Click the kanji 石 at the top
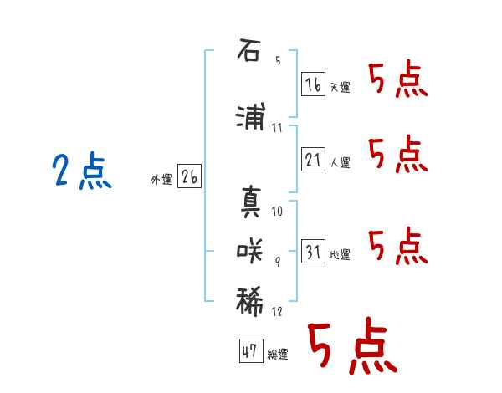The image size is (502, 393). point(248,50)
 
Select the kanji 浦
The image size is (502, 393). point(250,116)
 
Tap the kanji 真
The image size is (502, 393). point(251,202)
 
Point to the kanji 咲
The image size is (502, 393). point(249,252)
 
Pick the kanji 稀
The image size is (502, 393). point(249,302)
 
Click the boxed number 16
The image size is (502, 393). point(313,84)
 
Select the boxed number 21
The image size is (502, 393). point(313,159)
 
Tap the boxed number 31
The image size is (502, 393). point(313,251)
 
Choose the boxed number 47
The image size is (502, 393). point(251,350)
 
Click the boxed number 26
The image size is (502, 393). point(189,176)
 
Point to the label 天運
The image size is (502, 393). point(341,87)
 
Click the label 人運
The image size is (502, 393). point(341,162)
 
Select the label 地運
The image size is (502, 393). point(340,254)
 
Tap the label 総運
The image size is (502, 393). point(278,354)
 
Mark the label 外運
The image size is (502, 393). point(161,180)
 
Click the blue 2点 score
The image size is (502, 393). point(82,171)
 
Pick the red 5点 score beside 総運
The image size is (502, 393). point(352,345)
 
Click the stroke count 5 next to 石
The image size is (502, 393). point(278,60)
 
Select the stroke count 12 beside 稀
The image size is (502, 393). point(277,311)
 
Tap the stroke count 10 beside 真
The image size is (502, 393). point(277,212)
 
